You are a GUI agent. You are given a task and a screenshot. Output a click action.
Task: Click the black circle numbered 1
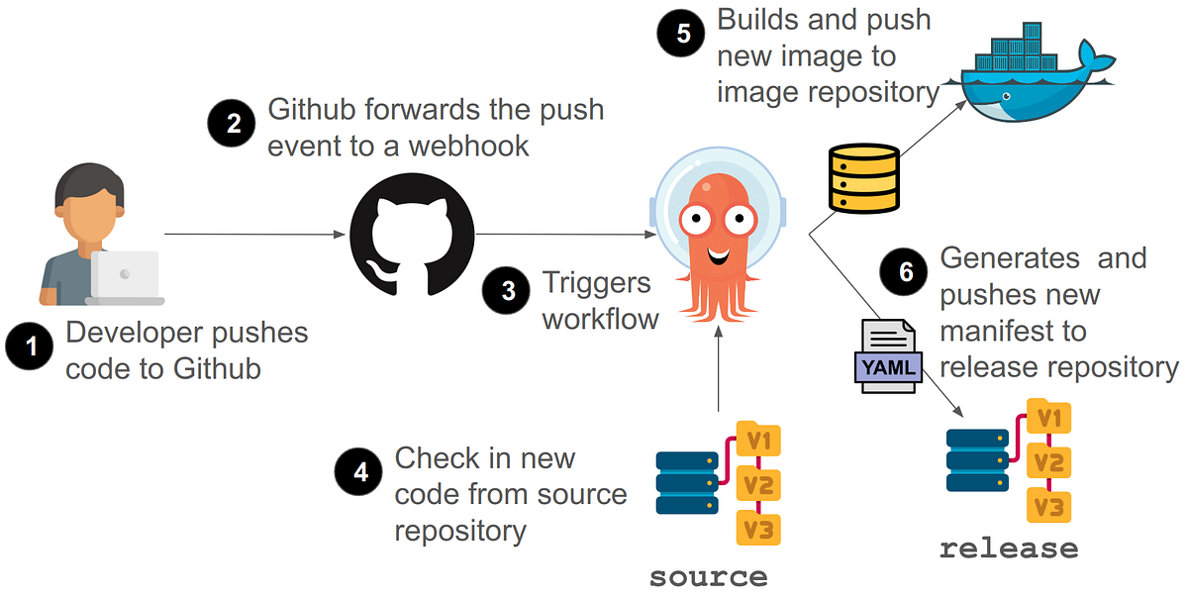(x=30, y=348)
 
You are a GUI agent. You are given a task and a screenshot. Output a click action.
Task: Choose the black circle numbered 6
(x=905, y=272)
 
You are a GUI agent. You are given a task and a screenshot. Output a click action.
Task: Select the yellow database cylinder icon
(x=862, y=179)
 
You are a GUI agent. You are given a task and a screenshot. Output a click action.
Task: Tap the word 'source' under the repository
(x=708, y=576)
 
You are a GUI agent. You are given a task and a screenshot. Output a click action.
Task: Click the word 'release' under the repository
(x=1008, y=547)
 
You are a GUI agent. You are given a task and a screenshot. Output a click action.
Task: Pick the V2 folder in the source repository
(x=759, y=485)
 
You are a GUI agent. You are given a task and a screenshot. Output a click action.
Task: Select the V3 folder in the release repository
(x=1048, y=507)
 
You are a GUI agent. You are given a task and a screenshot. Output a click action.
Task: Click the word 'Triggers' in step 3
(x=597, y=282)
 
